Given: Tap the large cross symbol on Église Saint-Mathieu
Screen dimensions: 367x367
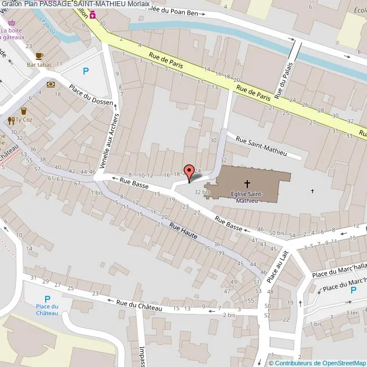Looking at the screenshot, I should pos(247,183).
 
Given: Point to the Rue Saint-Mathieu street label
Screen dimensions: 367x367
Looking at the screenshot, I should pos(261,147).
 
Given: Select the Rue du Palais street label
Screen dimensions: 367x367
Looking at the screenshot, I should pos(286,78).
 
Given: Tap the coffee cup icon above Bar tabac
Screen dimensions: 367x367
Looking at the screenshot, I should pos(39,55).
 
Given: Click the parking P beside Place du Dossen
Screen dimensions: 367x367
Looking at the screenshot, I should pos(86,71).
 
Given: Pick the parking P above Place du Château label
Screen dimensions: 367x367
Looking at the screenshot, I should pos(47,300).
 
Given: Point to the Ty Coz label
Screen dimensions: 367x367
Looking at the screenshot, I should pos(24,120).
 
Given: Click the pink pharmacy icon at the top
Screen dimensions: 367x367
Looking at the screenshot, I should pos(92,14).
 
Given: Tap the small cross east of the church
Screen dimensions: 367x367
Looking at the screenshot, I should pos(312,191).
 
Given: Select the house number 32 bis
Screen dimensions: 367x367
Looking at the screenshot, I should pos(202,192).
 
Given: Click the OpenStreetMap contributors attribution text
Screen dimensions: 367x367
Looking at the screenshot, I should pos(318,362).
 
